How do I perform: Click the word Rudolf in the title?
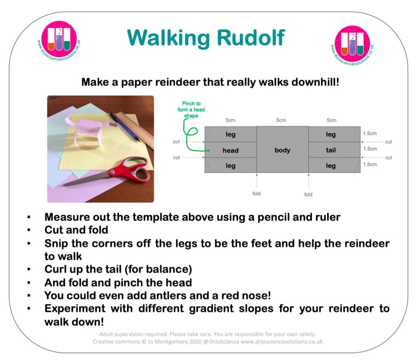pos(251,38)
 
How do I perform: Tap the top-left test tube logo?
pos(59,40)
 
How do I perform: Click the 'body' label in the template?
pos(282,150)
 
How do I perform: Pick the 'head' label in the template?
pos(230,150)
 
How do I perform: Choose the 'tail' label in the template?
pos(331,150)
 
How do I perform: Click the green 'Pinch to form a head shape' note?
pos(191,109)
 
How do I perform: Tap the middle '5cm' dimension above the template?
pos(281,120)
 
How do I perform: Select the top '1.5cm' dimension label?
pos(370,133)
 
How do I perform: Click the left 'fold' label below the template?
pos(257,194)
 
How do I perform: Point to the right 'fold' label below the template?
pos(308,194)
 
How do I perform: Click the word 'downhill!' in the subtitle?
pos(316,82)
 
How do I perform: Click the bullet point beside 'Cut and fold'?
pos(29,230)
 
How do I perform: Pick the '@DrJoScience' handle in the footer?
pos(221,342)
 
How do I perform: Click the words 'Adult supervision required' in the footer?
pos(133,334)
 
